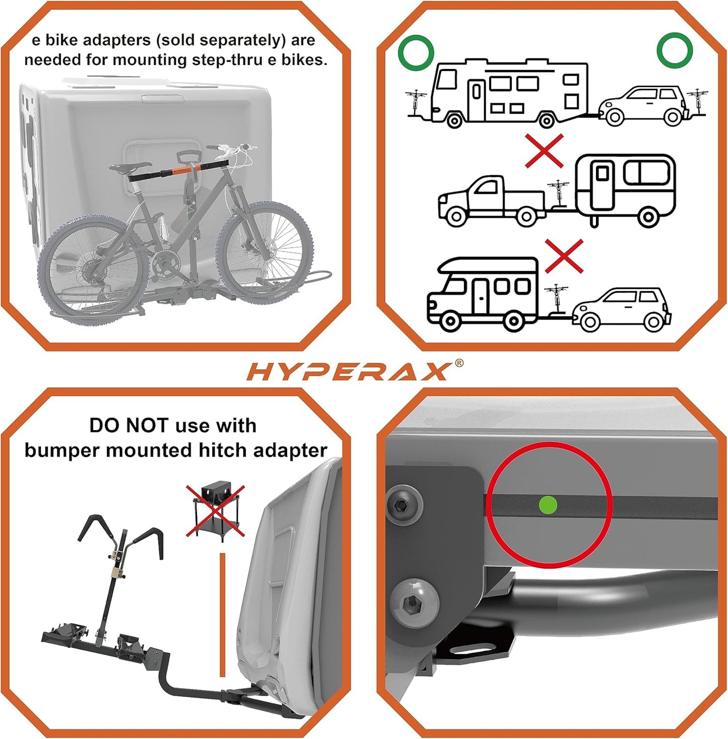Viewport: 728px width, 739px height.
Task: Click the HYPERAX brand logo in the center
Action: (348, 372)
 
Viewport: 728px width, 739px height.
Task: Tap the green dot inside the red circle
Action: (548, 505)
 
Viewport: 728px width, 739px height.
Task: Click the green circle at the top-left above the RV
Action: (416, 53)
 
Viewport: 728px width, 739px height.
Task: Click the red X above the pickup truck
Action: (544, 151)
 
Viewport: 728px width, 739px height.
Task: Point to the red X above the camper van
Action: (564, 256)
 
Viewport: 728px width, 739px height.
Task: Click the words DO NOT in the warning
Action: (123, 426)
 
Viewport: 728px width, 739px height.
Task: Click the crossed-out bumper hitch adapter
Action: (216, 510)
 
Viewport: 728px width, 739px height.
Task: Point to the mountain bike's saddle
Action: (129, 167)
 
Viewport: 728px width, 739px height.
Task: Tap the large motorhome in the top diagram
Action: (509, 93)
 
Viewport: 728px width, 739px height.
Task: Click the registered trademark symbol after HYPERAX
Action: (458, 363)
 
